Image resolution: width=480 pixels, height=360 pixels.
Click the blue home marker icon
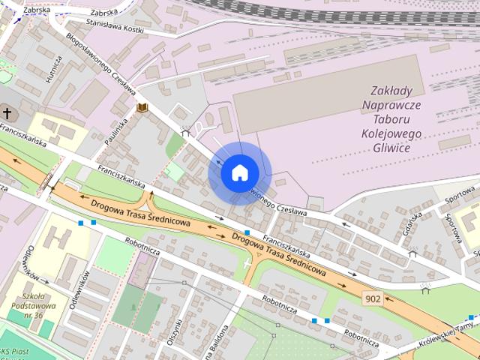pos(238,172)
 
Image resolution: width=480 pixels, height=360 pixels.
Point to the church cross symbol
pos(7,114)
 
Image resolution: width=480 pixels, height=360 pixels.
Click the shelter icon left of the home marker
pos(185,132)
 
